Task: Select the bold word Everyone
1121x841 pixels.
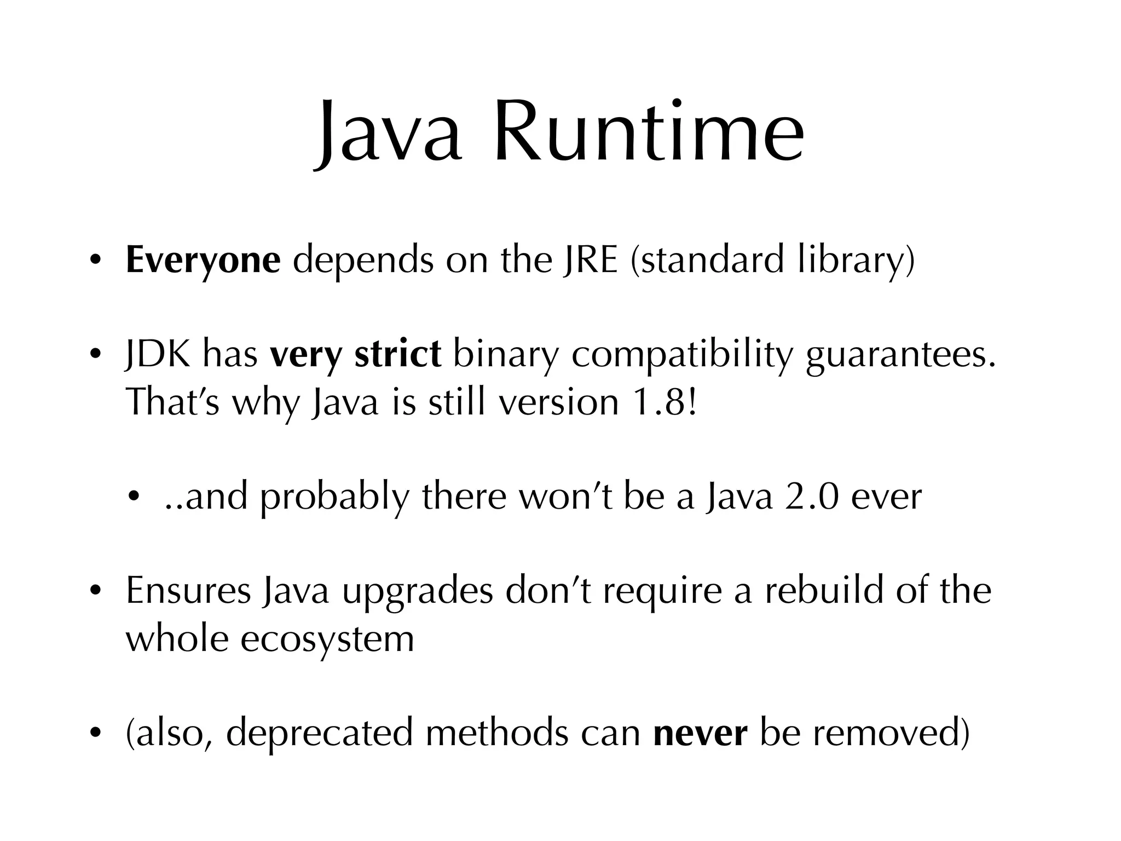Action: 203,260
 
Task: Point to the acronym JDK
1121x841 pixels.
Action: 159,354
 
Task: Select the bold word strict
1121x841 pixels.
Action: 397,354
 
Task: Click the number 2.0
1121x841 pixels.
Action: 811,497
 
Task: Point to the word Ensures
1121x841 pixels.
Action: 188,591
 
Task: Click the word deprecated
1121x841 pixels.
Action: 319,734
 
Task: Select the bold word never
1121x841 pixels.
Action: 700,734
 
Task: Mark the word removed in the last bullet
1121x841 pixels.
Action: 891,733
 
